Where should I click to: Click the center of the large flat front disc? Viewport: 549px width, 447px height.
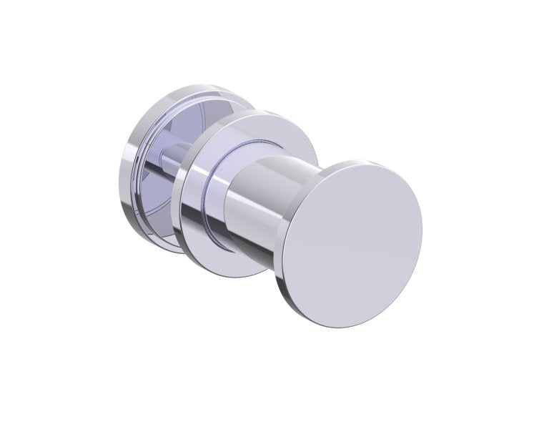354,244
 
